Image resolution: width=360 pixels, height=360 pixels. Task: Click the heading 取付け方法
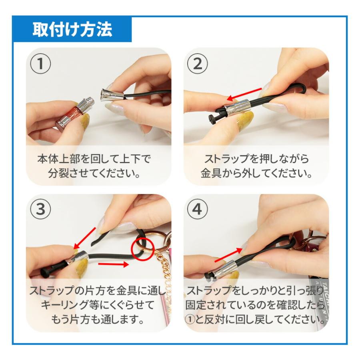pyautogui.click(x=72, y=29)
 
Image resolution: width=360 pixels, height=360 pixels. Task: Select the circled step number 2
pyautogui.click(x=198, y=63)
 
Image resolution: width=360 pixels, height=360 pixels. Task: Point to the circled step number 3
pyautogui.click(x=41, y=209)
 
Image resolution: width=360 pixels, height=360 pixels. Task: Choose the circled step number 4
pyautogui.click(x=198, y=209)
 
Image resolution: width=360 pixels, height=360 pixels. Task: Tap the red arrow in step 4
pyautogui.click(x=228, y=255)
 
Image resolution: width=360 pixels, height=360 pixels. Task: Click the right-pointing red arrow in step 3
pyautogui.click(x=113, y=264)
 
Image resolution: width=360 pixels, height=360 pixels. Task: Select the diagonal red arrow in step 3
pyautogui.click(x=84, y=239)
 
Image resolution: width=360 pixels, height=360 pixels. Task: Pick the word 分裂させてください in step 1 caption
pyautogui.click(x=94, y=173)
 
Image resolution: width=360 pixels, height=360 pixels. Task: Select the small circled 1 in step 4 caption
pyautogui.click(x=190, y=320)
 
